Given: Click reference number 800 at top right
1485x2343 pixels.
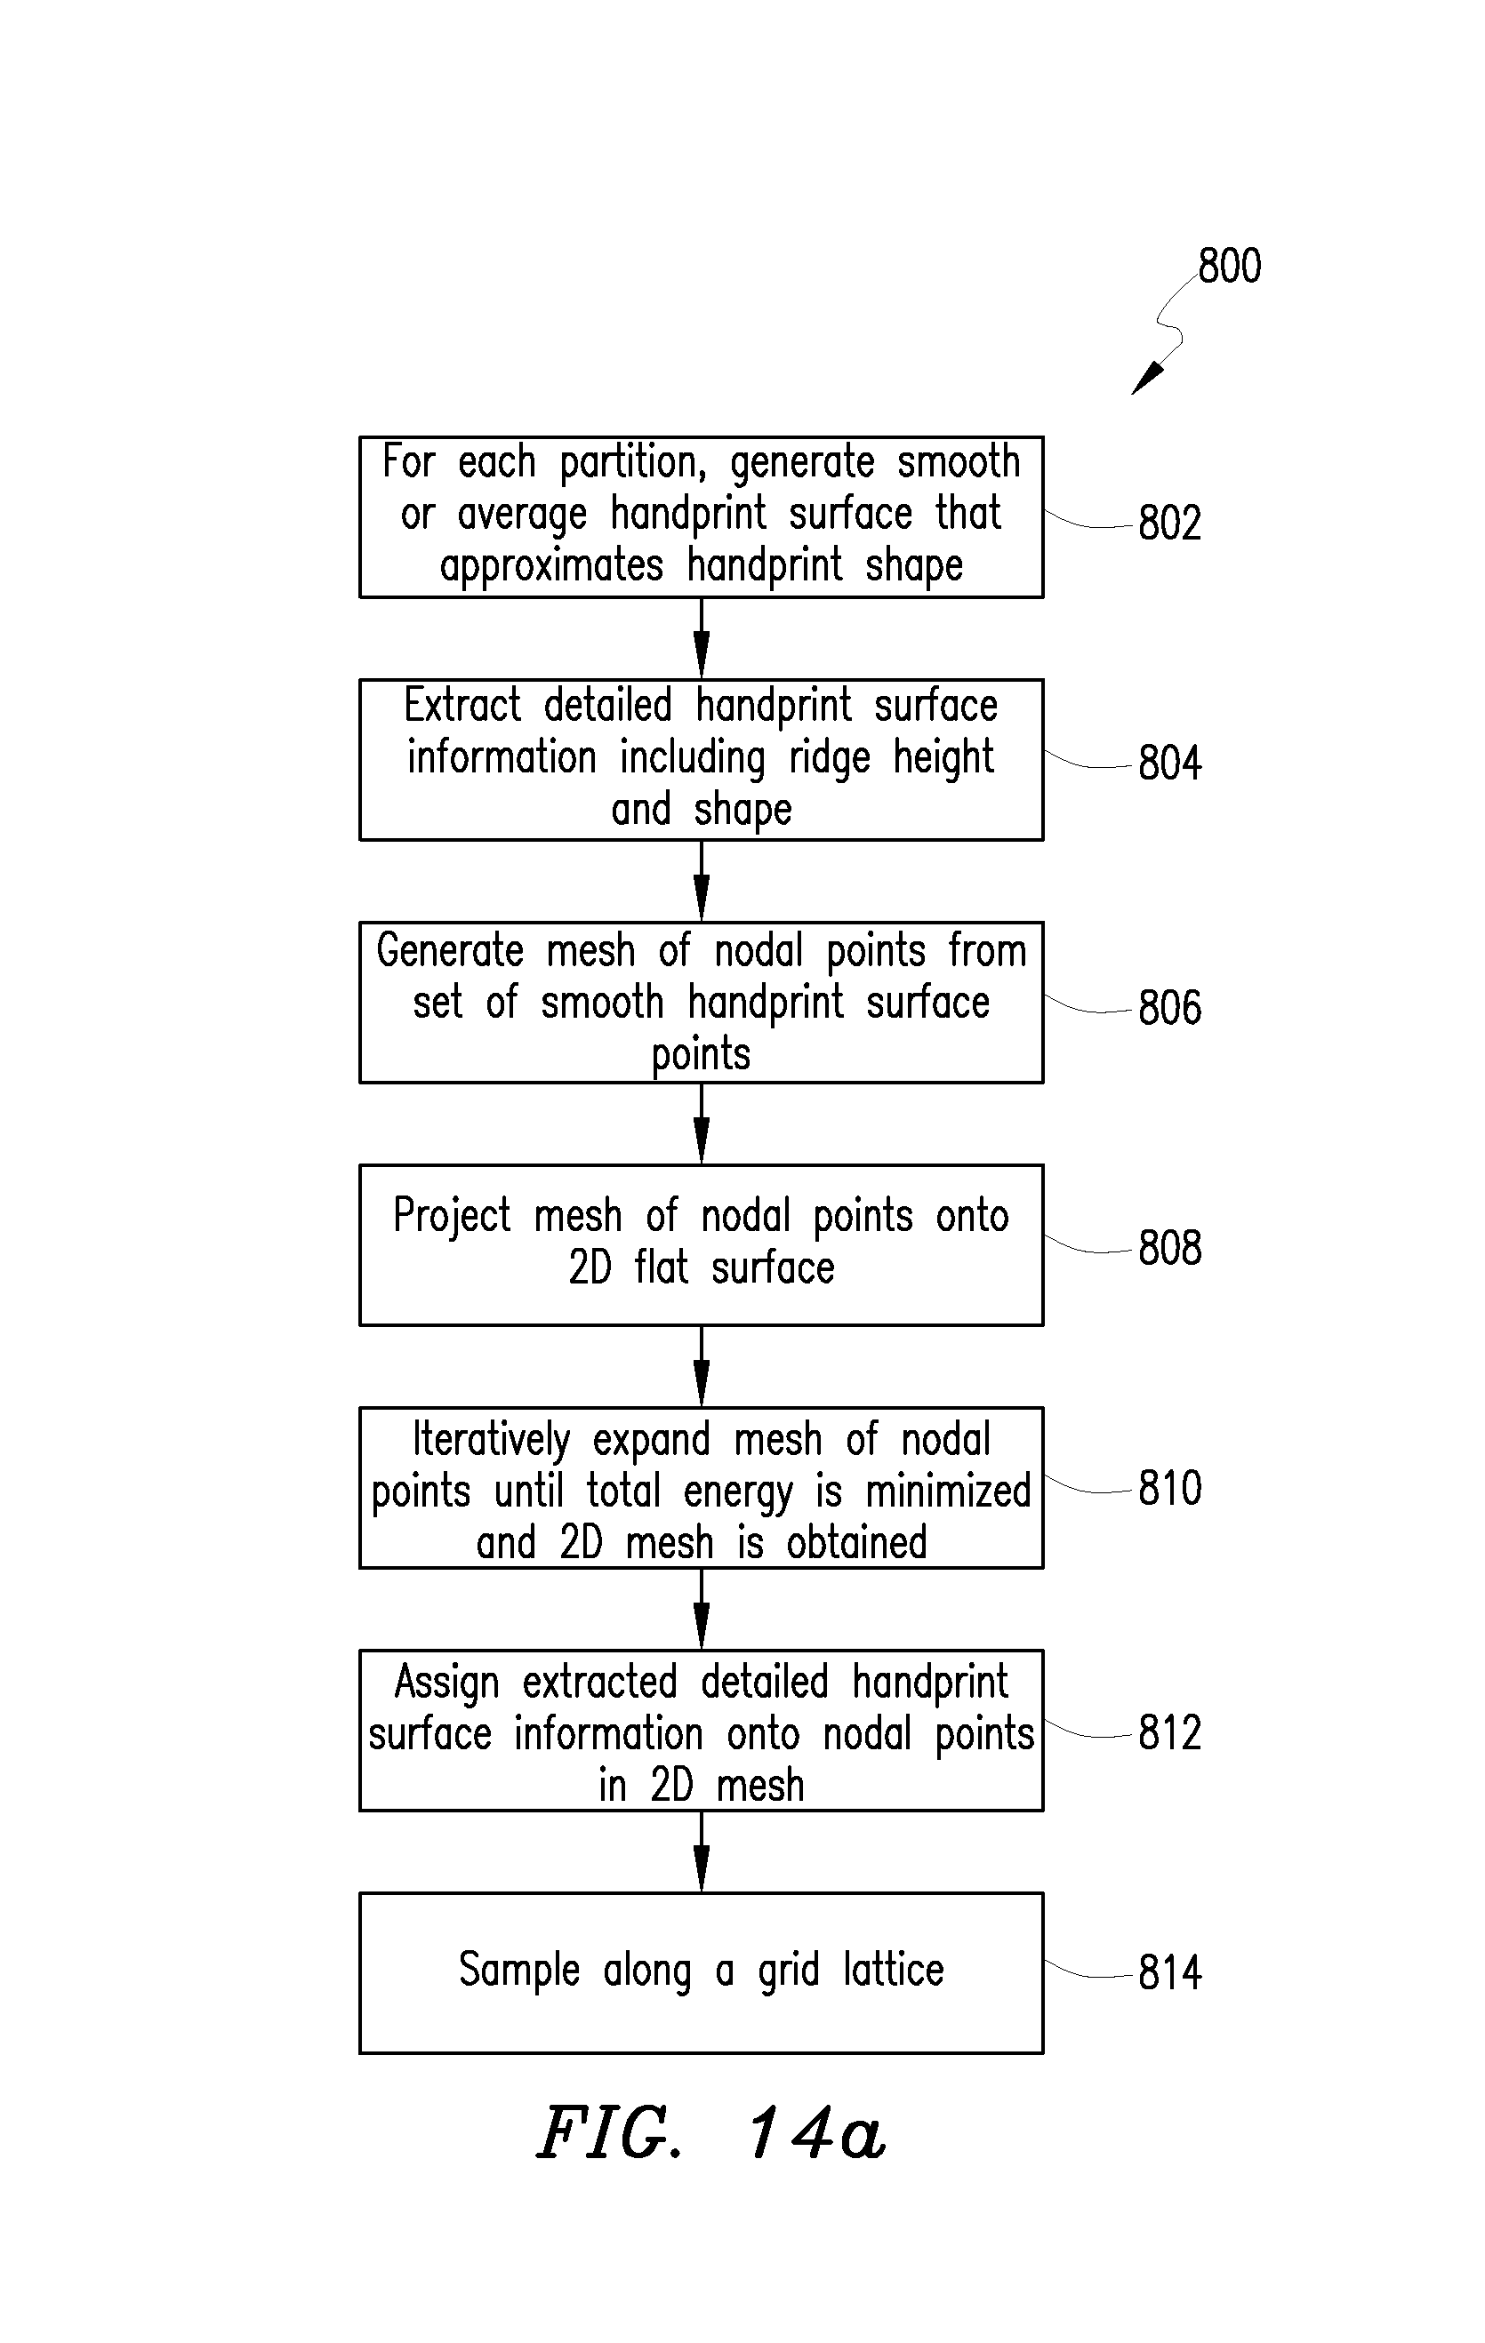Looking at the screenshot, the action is (x=1229, y=266).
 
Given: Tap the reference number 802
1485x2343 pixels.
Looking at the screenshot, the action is (x=1169, y=523).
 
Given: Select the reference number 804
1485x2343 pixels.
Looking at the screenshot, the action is (x=1169, y=762).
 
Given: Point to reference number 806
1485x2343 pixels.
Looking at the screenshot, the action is (x=1169, y=1007).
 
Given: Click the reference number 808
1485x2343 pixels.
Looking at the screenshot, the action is (x=1169, y=1247).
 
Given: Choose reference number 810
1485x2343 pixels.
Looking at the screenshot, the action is (x=1169, y=1489).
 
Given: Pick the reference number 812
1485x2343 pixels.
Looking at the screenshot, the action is (x=1169, y=1733).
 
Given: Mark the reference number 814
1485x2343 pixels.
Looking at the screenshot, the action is (x=1169, y=1973).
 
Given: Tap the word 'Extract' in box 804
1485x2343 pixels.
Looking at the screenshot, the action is (x=463, y=706).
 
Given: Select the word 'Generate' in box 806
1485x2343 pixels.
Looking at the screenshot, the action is (x=451, y=951).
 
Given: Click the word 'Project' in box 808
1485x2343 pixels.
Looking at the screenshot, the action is (x=453, y=1217).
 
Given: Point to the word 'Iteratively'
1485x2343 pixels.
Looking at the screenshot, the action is (x=492, y=1440).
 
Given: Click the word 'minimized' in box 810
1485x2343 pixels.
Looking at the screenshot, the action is (x=949, y=1491).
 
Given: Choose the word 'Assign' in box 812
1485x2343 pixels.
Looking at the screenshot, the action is (x=446, y=1683).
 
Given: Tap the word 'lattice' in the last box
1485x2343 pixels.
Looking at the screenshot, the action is (x=894, y=1970).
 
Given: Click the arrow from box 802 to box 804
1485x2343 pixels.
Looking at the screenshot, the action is (x=702, y=638).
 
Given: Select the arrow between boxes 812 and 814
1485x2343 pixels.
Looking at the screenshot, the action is (x=702, y=1851).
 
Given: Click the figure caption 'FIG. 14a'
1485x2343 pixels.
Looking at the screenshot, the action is (x=711, y=2134).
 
